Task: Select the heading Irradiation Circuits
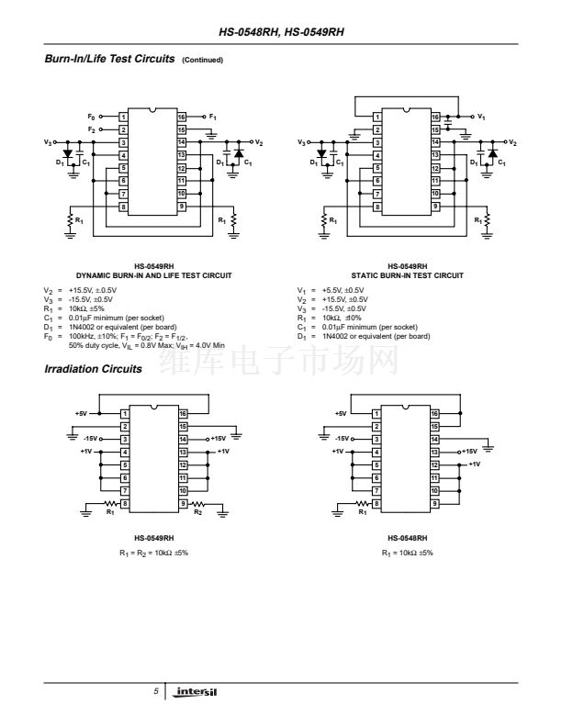(x=93, y=369)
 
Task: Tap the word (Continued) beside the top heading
(x=202, y=61)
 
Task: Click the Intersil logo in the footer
(x=200, y=690)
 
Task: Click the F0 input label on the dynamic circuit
(x=91, y=117)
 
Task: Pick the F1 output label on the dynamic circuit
(x=212, y=117)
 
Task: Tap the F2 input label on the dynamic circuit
(x=91, y=130)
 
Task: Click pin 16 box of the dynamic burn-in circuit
(x=182, y=117)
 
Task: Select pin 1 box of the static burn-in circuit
(x=377, y=117)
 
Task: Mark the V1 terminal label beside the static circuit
(x=482, y=117)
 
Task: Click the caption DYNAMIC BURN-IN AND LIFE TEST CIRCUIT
(x=153, y=275)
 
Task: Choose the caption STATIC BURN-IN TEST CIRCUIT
(x=408, y=275)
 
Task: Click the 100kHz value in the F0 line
(x=80, y=337)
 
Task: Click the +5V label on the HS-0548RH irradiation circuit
(x=342, y=414)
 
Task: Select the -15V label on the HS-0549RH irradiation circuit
(x=91, y=439)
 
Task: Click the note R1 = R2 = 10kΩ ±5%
(x=153, y=554)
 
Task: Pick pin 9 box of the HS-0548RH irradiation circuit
(x=436, y=504)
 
